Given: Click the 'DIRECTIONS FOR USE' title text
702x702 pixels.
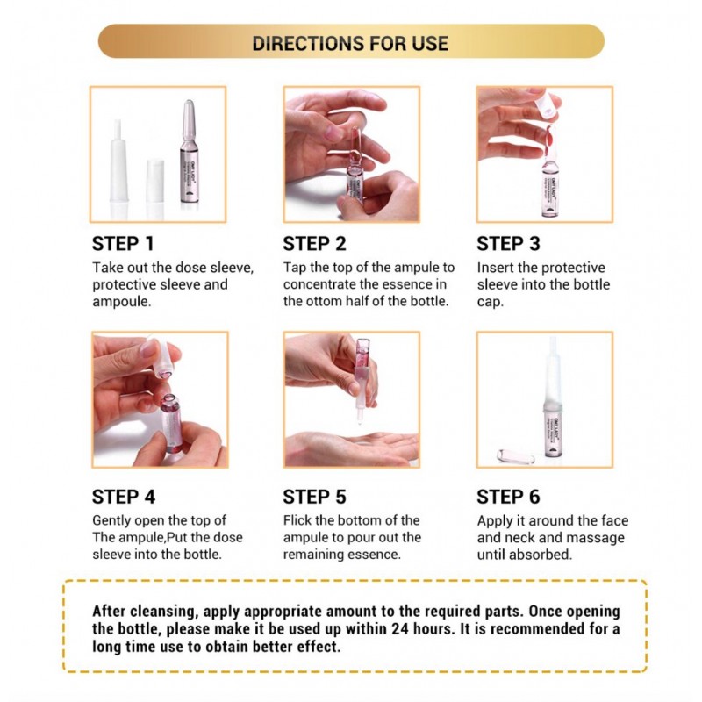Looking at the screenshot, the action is coord(350,43).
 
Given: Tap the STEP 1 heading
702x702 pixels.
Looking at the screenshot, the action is coord(123,244).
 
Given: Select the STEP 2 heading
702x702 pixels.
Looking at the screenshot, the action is coord(314,244).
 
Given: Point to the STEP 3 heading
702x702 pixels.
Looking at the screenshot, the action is coord(508,244).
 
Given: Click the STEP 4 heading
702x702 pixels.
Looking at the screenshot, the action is coord(124,497).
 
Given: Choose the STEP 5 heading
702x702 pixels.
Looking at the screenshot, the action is coord(314,497).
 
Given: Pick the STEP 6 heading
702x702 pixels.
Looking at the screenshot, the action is coord(508,497).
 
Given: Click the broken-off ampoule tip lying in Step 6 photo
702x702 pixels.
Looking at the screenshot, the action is coord(516,457).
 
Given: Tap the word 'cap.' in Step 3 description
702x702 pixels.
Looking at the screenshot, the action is coord(491,302).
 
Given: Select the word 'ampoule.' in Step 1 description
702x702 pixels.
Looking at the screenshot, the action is coord(122,302).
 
